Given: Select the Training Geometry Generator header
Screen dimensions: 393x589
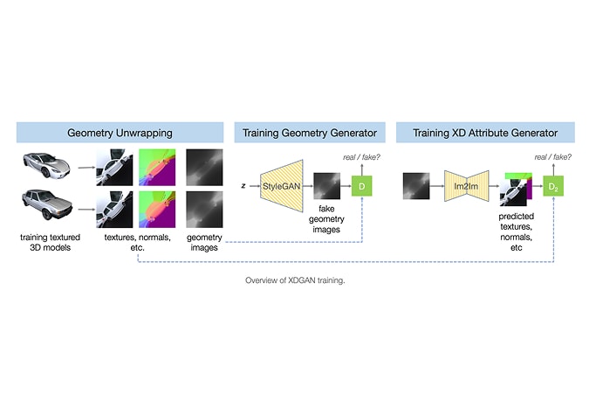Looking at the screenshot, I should click(310, 133).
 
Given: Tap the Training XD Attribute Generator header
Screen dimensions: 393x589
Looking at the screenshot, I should click(485, 133).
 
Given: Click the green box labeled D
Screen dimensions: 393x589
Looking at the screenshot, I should click(361, 187).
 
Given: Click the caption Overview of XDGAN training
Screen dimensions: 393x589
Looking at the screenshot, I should click(294, 282).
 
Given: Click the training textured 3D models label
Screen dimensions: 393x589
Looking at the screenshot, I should click(49, 243).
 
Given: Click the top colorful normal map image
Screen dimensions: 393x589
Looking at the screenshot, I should click(157, 166).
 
